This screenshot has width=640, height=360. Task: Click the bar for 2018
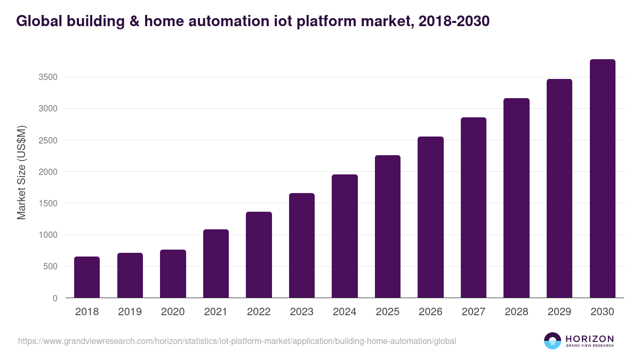pyautogui.click(x=87, y=277)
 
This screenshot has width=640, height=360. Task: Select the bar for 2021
pyautogui.click(x=215, y=263)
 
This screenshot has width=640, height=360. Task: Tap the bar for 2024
pyautogui.click(x=345, y=236)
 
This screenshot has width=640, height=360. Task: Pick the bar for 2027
pyautogui.click(x=474, y=207)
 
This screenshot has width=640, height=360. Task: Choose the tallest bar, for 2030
pyautogui.click(x=602, y=179)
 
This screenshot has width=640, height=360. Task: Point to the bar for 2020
pyautogui.click(x=173, y=274)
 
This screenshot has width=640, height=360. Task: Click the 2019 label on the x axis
pyautogui.click(x=130, y=312)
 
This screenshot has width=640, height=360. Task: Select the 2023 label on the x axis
pyautogui.click(x=301, y=312)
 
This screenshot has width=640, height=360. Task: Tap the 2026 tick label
pyautogui.click(x=430, y=312)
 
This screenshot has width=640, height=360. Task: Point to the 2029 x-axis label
pyautogui.click(x=559, y=312)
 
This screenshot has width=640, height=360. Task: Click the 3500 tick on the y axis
pyautogui.click(x=47, y=77)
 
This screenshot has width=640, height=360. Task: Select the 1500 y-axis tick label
pyautogui.click(x=47, y=203)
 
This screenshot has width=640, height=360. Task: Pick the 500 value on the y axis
pyautogui.click(x=51, y=267)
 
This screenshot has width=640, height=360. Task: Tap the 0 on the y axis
pyautogui.click(x=55, y=298)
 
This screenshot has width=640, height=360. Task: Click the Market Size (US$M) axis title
pyautogui.click(x=21, y=173)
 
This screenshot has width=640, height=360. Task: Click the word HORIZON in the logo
pyautogui.click(x=589, y=338)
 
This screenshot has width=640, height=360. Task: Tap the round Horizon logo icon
pyautogui.click(x=553, y=341)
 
